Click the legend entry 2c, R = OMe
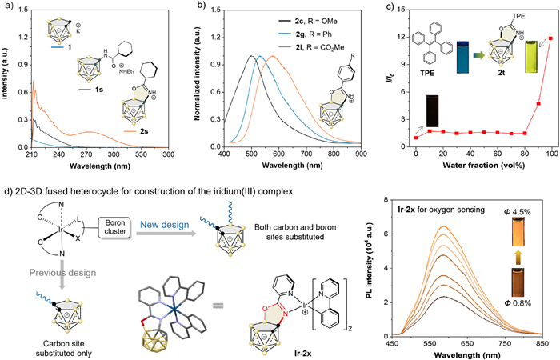[265, 18]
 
